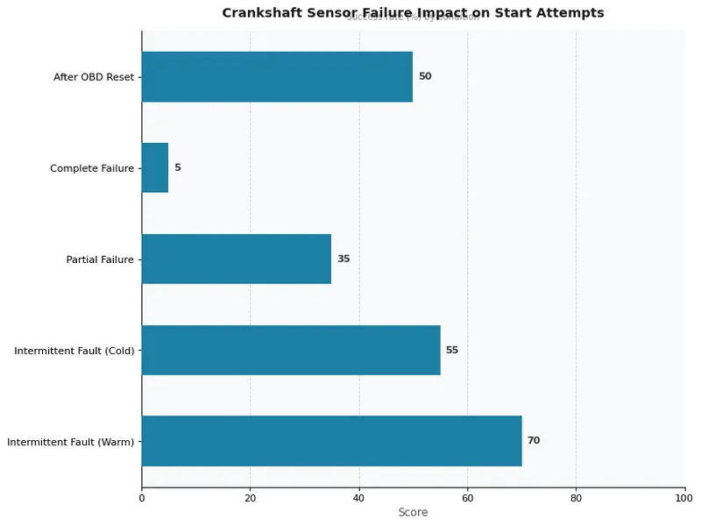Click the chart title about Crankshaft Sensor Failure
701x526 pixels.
[x=413, y=13]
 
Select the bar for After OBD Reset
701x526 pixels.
[x=277, y=76]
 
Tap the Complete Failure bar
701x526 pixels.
[x=155, y=167]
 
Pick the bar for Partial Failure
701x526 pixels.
[x=237, y=259]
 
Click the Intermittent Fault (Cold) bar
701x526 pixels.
[x=291, y=350]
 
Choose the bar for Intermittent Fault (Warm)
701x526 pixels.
[x=331, y=441]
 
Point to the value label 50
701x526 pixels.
[x=425, y=76]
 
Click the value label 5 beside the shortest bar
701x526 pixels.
[x=178, y=167]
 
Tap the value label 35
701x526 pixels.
[x=343, y=259]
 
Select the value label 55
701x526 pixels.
[x=452, y=350]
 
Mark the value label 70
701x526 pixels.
[x=534, y=441]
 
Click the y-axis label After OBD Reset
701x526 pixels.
[x=94, y=77]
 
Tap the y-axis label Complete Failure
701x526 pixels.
[x=92, y=168]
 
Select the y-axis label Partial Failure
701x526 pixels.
[x=100, y=259]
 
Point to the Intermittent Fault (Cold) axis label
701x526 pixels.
[x=74, y=351]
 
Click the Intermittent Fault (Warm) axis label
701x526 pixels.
[x=71, y=442]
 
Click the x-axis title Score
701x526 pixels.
[x=413, y=513]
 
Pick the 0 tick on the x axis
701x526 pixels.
[x=142, y=498]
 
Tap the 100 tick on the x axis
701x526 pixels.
[x=684, y=498]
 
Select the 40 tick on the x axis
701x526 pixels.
[x=359, y=498]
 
